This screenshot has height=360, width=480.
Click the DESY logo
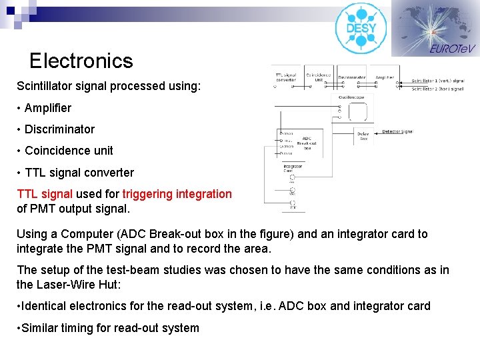(x=361, y=28)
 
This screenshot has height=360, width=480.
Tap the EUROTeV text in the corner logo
(x=452, y=49)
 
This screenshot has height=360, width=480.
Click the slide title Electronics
(x=81, y=61)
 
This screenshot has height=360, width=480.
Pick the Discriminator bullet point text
(x=59, y=129)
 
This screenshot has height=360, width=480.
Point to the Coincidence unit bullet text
(x=69, y=151)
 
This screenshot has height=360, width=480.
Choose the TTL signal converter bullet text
(x=79, y=173)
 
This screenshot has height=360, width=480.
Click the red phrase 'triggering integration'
(x=177, y=194)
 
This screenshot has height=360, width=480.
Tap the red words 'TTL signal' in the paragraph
(x=45, y=194)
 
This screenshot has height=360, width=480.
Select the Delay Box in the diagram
(x=363, y=136)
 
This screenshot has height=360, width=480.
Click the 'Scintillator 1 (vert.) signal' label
(x=437, y=79)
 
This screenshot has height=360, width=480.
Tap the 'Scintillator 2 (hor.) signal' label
(x=437, y=88)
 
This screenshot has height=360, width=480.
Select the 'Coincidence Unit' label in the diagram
(x=318, y=77)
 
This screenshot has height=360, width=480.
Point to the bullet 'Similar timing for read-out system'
(x=111, y=328)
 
